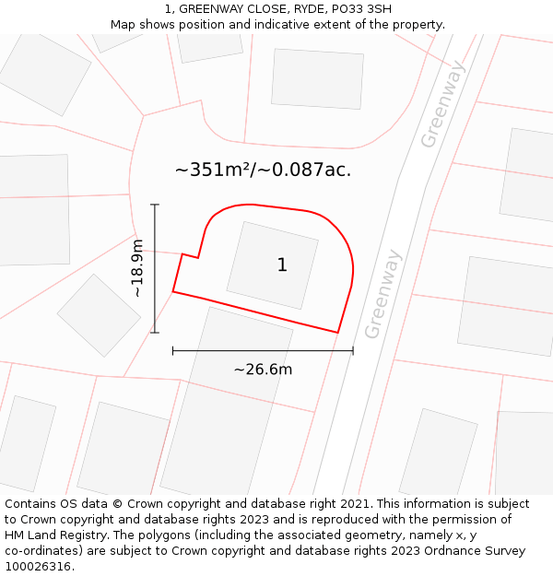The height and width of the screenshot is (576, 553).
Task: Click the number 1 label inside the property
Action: (x=282, y=265)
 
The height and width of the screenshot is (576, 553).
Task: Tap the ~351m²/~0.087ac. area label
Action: (x=263, y=170)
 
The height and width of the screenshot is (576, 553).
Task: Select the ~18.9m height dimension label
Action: (x=137, y=267)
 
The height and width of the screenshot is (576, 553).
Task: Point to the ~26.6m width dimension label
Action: (x=263, y=370)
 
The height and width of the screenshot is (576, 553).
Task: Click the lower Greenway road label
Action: (x=383, y=294)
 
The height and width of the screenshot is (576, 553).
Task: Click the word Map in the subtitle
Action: (x=124, y=25)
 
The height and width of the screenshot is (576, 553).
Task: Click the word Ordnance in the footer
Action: (x=438, y=551)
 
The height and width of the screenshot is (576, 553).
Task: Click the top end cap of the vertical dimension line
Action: (x=155, y=205)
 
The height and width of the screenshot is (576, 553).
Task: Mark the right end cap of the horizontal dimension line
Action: (x=353, y=350)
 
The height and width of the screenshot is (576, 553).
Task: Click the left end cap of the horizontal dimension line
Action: (x=173, y=350)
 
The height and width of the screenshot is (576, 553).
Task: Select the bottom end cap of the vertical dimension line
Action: (x=155, y=332)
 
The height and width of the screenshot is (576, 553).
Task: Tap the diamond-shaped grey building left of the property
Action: (x=99, y=315)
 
